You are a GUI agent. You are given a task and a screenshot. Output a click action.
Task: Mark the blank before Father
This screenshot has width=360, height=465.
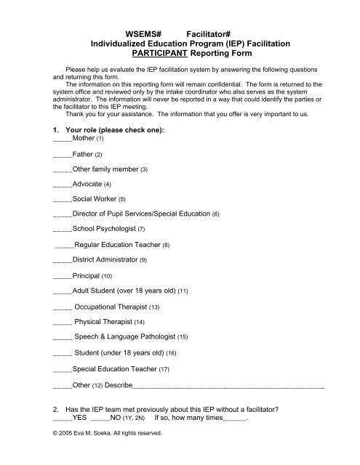pyautogui.click(x=63, y=154)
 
